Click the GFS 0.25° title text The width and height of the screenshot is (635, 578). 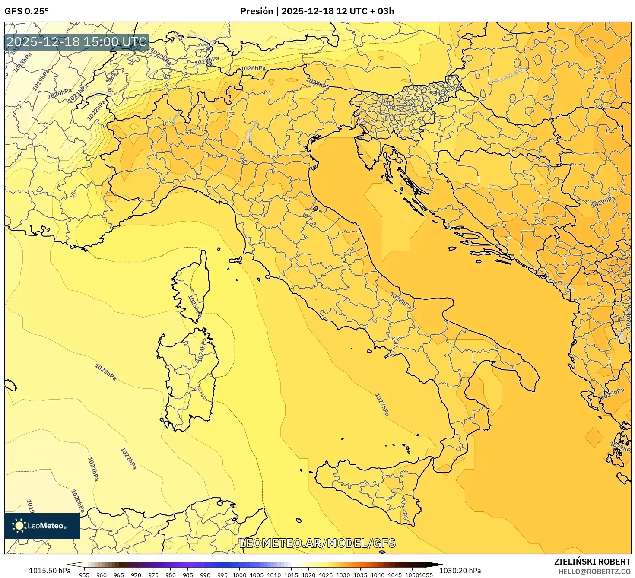point(26,11)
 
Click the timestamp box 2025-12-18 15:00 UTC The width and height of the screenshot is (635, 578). point(76,42)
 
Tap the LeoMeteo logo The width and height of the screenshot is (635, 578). point(42,526)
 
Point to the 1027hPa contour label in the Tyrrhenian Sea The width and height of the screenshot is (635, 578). point(381,405)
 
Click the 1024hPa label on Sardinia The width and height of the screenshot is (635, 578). point(202,350)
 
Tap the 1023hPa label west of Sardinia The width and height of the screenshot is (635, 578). point(105,372)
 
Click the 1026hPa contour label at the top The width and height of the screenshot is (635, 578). point(253,68)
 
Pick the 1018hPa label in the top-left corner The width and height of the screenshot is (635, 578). point(22,62)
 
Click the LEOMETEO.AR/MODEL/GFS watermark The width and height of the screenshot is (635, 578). point(317,543)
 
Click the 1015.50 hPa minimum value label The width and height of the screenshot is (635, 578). point(49,571)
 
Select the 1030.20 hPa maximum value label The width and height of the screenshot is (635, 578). point(464,571)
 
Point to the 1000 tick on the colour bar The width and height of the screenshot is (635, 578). point(239,575)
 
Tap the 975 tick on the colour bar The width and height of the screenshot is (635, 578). point(153,575)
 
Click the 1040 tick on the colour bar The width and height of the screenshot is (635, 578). point(377,575)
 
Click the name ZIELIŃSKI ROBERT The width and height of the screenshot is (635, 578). point(592,562)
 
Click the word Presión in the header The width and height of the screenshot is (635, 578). point(257,11)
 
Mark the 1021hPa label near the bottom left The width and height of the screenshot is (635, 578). point(93,469)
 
